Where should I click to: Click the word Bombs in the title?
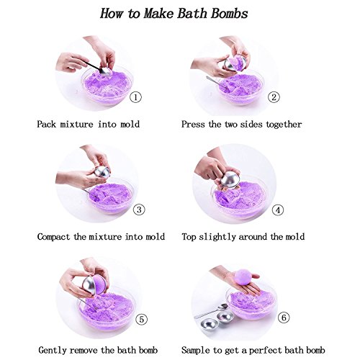click(230, 14)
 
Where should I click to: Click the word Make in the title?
click(158, 14)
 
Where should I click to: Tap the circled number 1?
click(135, 97)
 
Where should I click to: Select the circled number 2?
click(274, 97)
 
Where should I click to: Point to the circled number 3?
click(139, 210)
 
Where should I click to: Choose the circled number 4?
click(278, 210)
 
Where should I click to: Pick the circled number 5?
click(142, 320)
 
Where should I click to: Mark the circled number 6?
click(284, 318)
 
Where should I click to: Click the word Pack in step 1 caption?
click(46, 125)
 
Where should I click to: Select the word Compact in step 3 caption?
click(53, 237)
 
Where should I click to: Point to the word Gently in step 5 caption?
click(53, 351)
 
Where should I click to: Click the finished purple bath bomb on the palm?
click(243, 277)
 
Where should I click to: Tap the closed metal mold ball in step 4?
click(230, 179)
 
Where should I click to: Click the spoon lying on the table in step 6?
click(211, 311)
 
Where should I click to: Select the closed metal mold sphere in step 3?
click(102, 172)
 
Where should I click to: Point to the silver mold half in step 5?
click(89, 286)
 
